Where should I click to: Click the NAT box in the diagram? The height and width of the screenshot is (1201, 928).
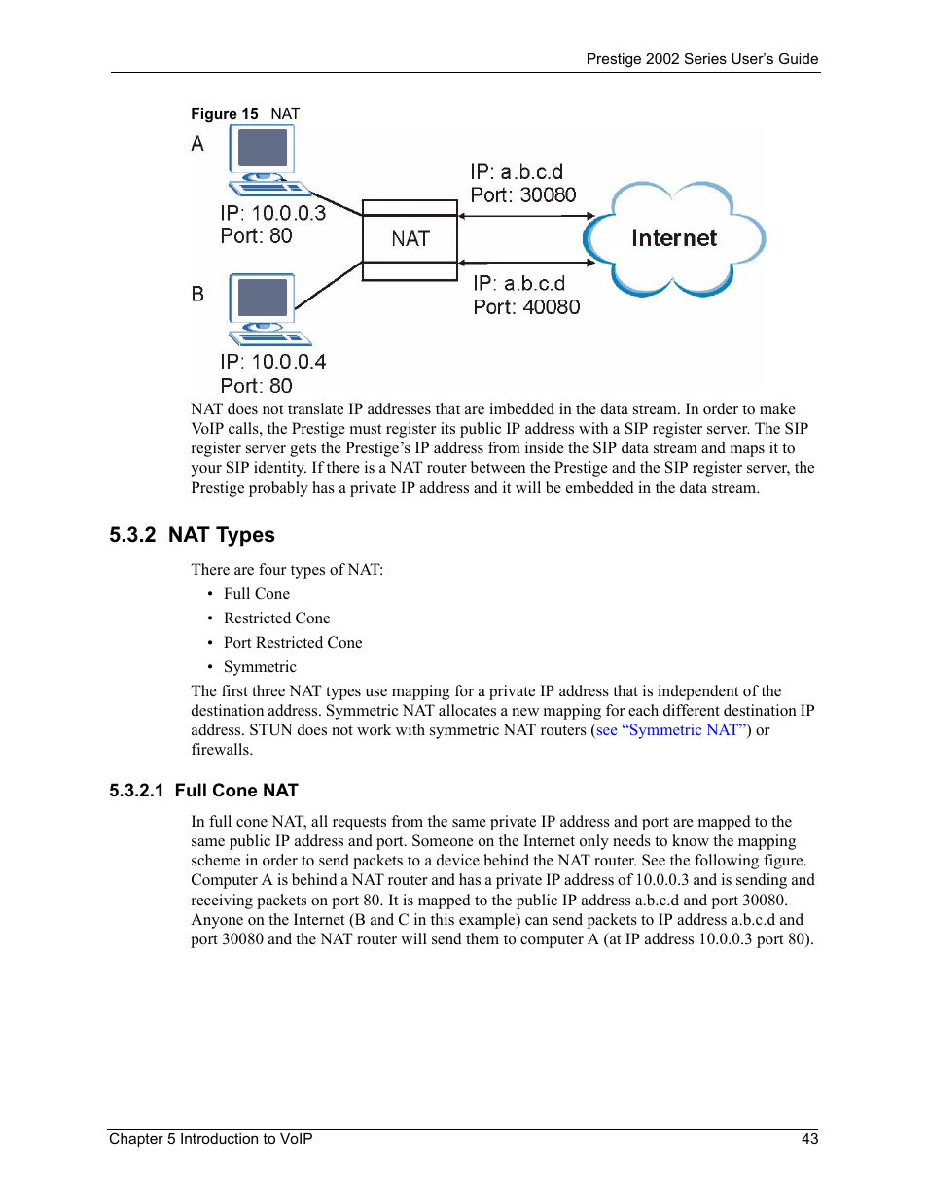410,239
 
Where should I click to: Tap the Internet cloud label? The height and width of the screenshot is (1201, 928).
673,238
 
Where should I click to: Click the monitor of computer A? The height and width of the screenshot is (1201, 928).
262,149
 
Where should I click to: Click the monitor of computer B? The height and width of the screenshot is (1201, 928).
262,298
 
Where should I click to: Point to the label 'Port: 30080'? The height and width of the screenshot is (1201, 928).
522,195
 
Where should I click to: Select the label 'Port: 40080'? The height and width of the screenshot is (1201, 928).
526,307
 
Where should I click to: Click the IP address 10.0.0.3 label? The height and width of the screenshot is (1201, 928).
272,213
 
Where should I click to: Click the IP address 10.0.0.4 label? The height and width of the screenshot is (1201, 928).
272,362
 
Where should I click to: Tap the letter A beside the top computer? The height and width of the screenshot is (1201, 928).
197,144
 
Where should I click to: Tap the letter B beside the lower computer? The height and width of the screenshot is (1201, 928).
197,294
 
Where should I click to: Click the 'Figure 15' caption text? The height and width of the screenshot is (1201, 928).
225,114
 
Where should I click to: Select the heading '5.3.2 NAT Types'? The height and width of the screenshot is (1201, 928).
193,535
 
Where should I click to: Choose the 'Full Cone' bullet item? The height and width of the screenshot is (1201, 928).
256,594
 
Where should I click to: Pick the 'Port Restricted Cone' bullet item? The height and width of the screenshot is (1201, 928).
293,643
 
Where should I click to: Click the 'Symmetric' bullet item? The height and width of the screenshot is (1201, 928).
260,667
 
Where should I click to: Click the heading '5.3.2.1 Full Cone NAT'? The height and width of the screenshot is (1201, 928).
203,791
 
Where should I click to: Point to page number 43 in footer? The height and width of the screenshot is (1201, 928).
809,1139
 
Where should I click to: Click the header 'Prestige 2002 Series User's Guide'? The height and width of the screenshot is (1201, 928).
701,59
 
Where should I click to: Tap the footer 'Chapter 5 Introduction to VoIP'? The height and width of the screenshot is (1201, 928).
210,1139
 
